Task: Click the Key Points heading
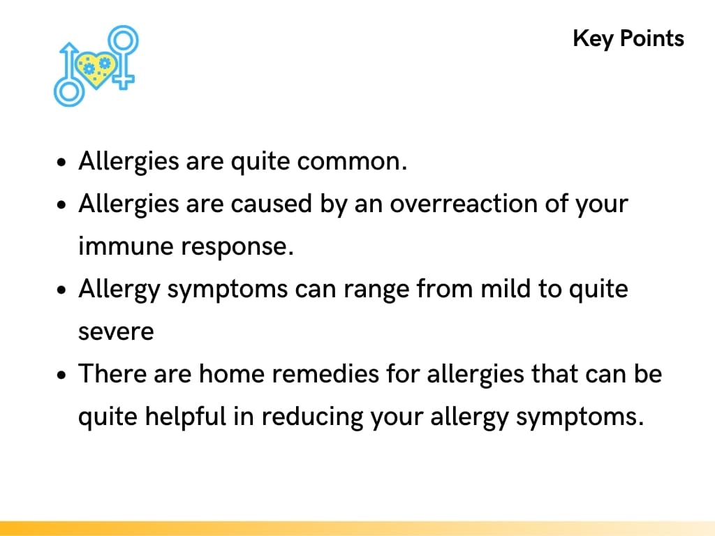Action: coord(628,38)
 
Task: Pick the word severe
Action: coord(116,332)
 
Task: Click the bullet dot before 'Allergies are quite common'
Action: coord(64,163)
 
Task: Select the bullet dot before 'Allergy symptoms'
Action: coord(64,290)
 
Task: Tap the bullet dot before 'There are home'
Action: coord(64,375)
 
